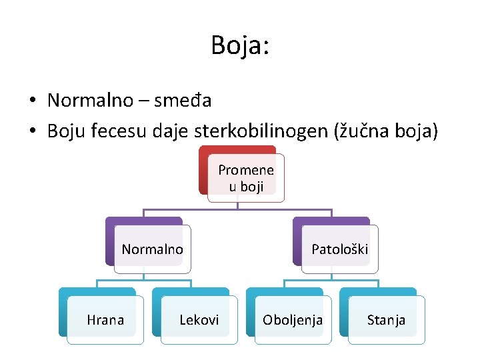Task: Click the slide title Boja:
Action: point(239,45)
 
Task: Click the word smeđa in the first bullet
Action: point(183,101)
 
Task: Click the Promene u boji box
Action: point(245,178)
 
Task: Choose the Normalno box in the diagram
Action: point(152,249)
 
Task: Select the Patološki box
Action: point(339,249)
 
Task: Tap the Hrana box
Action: point(105,320)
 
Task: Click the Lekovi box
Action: point(199,320)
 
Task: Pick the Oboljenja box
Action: point(293,320)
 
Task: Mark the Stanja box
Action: point(386,320)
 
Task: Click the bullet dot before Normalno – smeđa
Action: point(32,101)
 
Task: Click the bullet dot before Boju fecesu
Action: point(32,132)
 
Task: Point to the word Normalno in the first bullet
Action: point(91,101)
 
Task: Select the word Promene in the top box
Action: point(245,170)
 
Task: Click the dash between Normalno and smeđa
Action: point(144,101)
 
